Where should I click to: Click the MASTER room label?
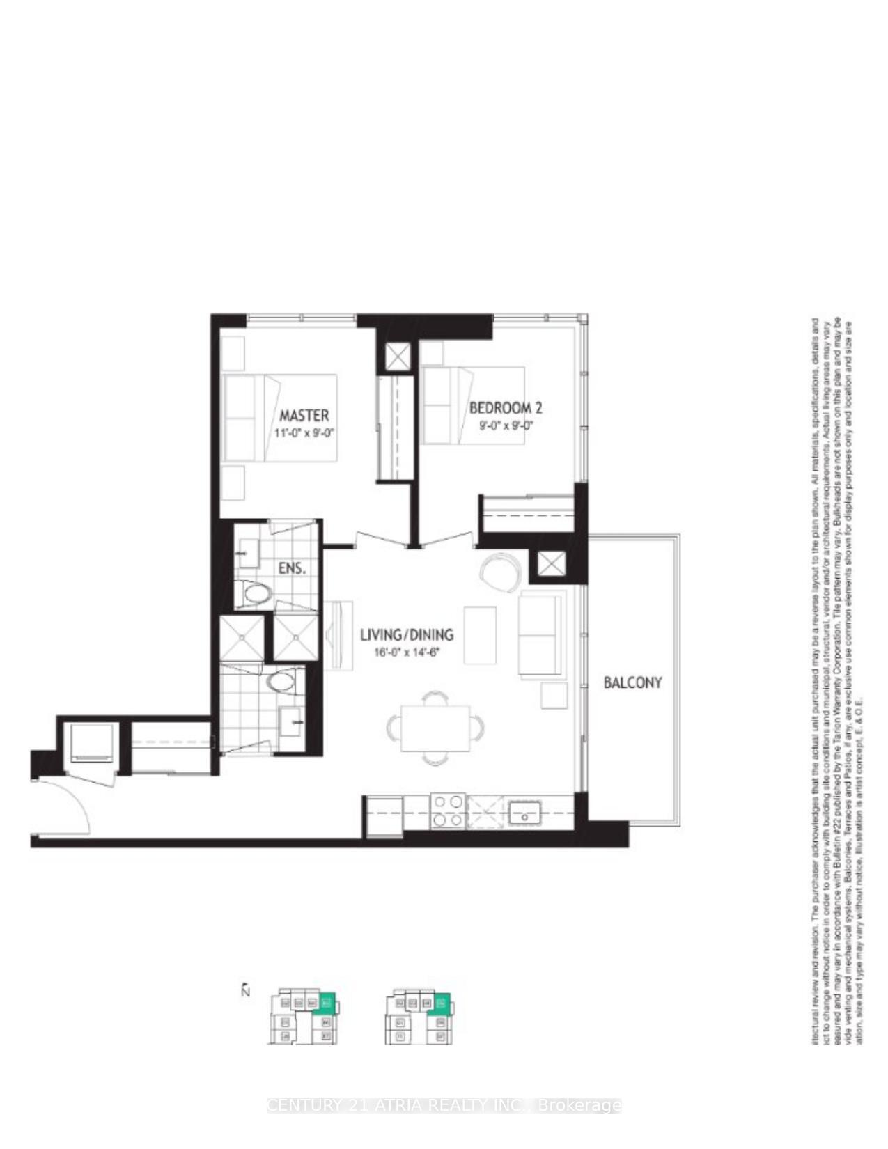click(x=304, y=416)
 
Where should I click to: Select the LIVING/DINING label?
click(x=407, y=634)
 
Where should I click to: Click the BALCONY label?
click(x=632, y=682)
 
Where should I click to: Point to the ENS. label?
click(x=291, y=568)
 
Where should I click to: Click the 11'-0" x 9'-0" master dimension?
click(x=304, y=433)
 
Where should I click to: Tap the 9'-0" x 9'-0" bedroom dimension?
click(x=506, y=424)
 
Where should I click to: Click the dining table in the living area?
click(x=435, y=728)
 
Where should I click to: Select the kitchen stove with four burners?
click(x=448, y=811)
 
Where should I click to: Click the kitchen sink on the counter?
click(x=524, y=812)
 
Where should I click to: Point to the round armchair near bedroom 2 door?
click(x=500, y=570)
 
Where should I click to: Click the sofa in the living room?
click(x=541, y=635)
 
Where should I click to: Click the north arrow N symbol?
click(x=245, y=990)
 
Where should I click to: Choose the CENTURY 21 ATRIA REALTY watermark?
click(x=444, y=1105)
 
